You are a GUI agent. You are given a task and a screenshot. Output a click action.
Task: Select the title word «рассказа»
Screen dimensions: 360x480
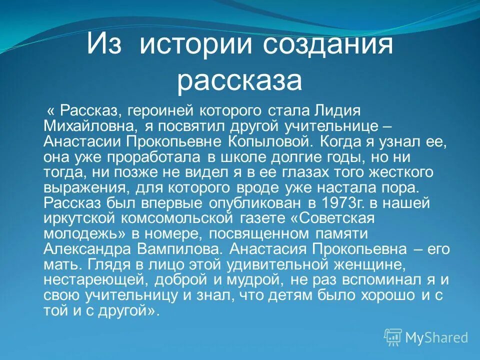[239, 81]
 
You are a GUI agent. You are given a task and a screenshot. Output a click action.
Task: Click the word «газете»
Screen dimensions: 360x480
[261, 219]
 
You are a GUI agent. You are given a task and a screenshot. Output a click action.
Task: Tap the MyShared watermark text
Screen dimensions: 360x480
[436, 337]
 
